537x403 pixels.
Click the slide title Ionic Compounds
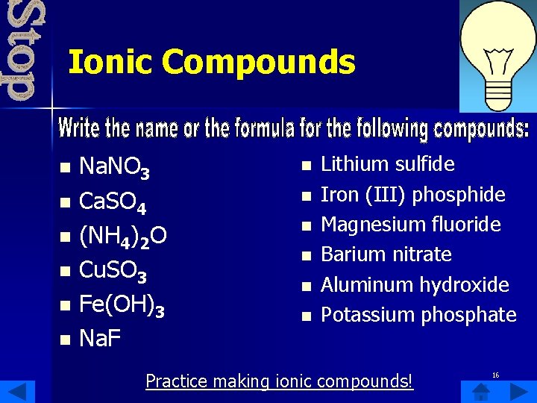coord(211,62)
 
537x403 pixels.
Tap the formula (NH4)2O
coord(123,237)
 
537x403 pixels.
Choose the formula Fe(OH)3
coord(122,306)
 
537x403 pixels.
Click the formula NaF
coord(100,340)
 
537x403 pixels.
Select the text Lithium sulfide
coord(387,164)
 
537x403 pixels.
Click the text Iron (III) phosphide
coord(412,195)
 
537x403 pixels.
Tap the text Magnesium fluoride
coord(410,225)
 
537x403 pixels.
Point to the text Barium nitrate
coord(386,254)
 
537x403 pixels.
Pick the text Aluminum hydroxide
coord(415,284)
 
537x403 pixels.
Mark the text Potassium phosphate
coord(418,315)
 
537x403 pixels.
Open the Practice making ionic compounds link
coord(279,381)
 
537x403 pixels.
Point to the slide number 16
coord(495,375)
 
